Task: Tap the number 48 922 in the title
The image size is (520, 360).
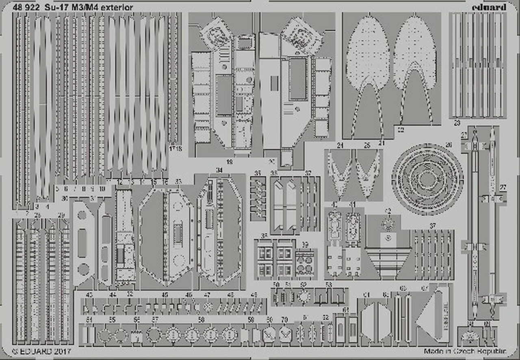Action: pyautogui.click(x=27, y=7)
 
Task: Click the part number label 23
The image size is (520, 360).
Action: pyautogui.click(x=457, y=122)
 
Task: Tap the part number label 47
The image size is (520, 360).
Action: pyautogui.click(x=207, y=295)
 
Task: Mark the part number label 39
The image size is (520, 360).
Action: pyautogui.click(x=305, y=245)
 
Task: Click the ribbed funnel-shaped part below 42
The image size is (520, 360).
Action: pyautogui.click(x=388, y=262)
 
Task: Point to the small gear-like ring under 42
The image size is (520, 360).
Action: pyautogui.click(x=388, y=223)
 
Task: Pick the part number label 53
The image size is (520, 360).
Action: pyautogui.click(x=328, y=284)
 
